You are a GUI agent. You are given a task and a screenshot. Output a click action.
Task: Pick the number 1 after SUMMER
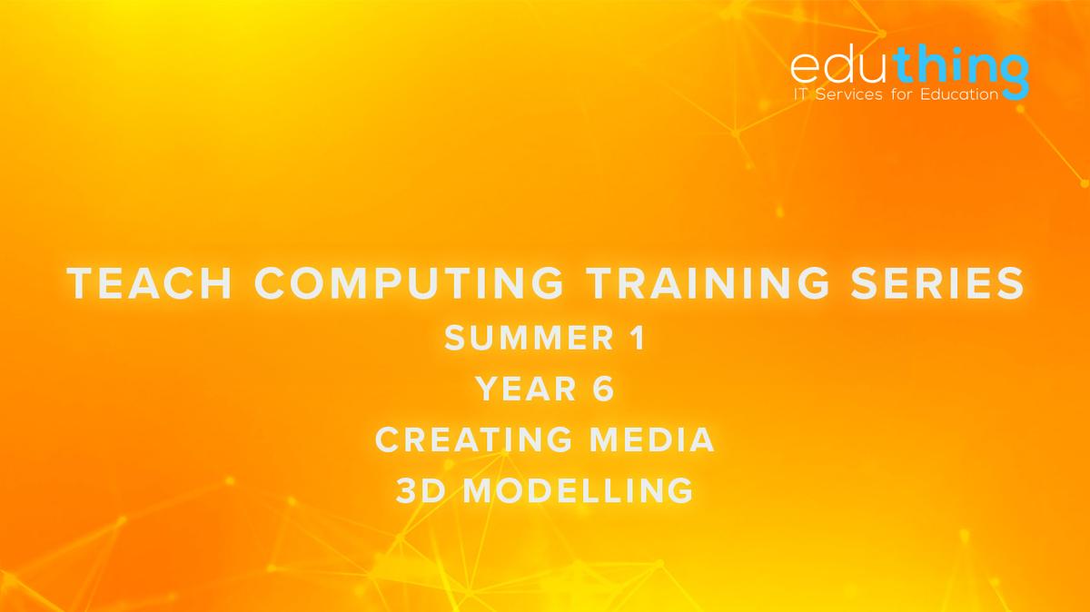point(638,339)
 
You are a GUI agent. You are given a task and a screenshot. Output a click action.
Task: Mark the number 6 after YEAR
point(605,390)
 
